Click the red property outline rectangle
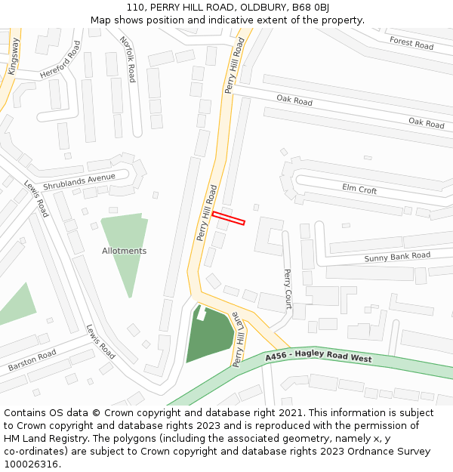pos(229,218)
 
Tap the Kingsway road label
pos(13,57)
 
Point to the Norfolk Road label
pos(128,60)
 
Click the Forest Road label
pos(411,43)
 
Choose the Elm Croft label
pos(359,190)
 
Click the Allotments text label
pos(125,251)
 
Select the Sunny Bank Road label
pos(397,257)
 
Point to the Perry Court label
pos(288,289)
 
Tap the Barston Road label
pos(32,360)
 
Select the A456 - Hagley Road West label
pos(318,356)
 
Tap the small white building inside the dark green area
pos(202,313)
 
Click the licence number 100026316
pos(32,464)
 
